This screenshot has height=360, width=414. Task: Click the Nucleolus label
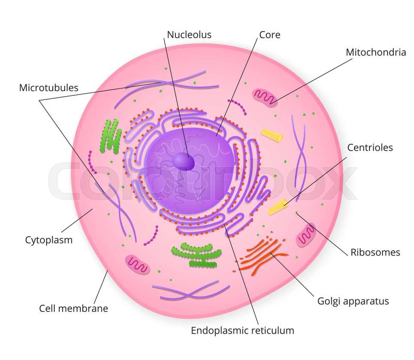(189, 35)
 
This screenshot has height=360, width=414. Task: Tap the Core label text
(270, 35)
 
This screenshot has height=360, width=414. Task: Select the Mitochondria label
(376, 52)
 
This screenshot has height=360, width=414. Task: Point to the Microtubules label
(49, 87)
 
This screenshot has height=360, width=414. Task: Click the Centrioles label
(370, 147)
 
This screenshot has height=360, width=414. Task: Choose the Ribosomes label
(375, 252)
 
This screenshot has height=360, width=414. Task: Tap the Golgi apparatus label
(352, 301)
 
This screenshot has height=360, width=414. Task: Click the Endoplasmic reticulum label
(242, 330)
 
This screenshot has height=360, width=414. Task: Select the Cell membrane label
(73, 308)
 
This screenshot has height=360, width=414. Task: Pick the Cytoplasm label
(49, 240)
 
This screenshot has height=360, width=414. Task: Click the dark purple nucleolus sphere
(183, 161)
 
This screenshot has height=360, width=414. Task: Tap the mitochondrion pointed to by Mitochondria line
(265, 97)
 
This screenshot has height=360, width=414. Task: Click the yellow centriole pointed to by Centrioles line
(278, 207)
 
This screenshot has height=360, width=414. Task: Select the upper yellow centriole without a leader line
(272, 136)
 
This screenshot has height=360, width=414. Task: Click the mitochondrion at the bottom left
(137, 264)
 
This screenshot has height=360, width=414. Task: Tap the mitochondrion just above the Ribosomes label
(305, 235)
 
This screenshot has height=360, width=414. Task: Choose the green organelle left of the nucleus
(111, 137)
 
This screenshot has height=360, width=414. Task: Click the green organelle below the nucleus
(196, 255)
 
